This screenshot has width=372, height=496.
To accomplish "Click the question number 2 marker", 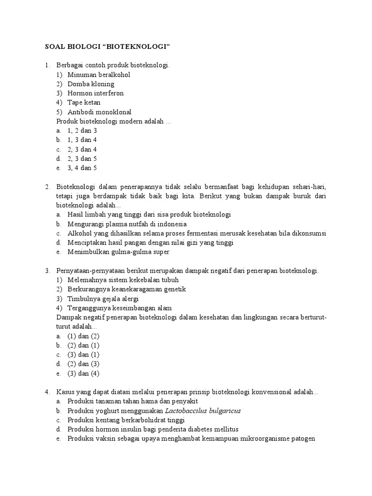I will pyautogui.click(x=48, y=186).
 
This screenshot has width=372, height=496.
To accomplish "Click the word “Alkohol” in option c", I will pyautogui.click(x=80, y=233).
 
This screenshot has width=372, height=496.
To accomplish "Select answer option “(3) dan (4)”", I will pyautogui.click(x=83, y=373).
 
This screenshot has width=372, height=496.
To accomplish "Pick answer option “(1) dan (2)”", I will pyautogui.click(x=83, y=336).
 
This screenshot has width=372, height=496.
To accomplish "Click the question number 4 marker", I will pyautogui.click(x=48, y=391).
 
